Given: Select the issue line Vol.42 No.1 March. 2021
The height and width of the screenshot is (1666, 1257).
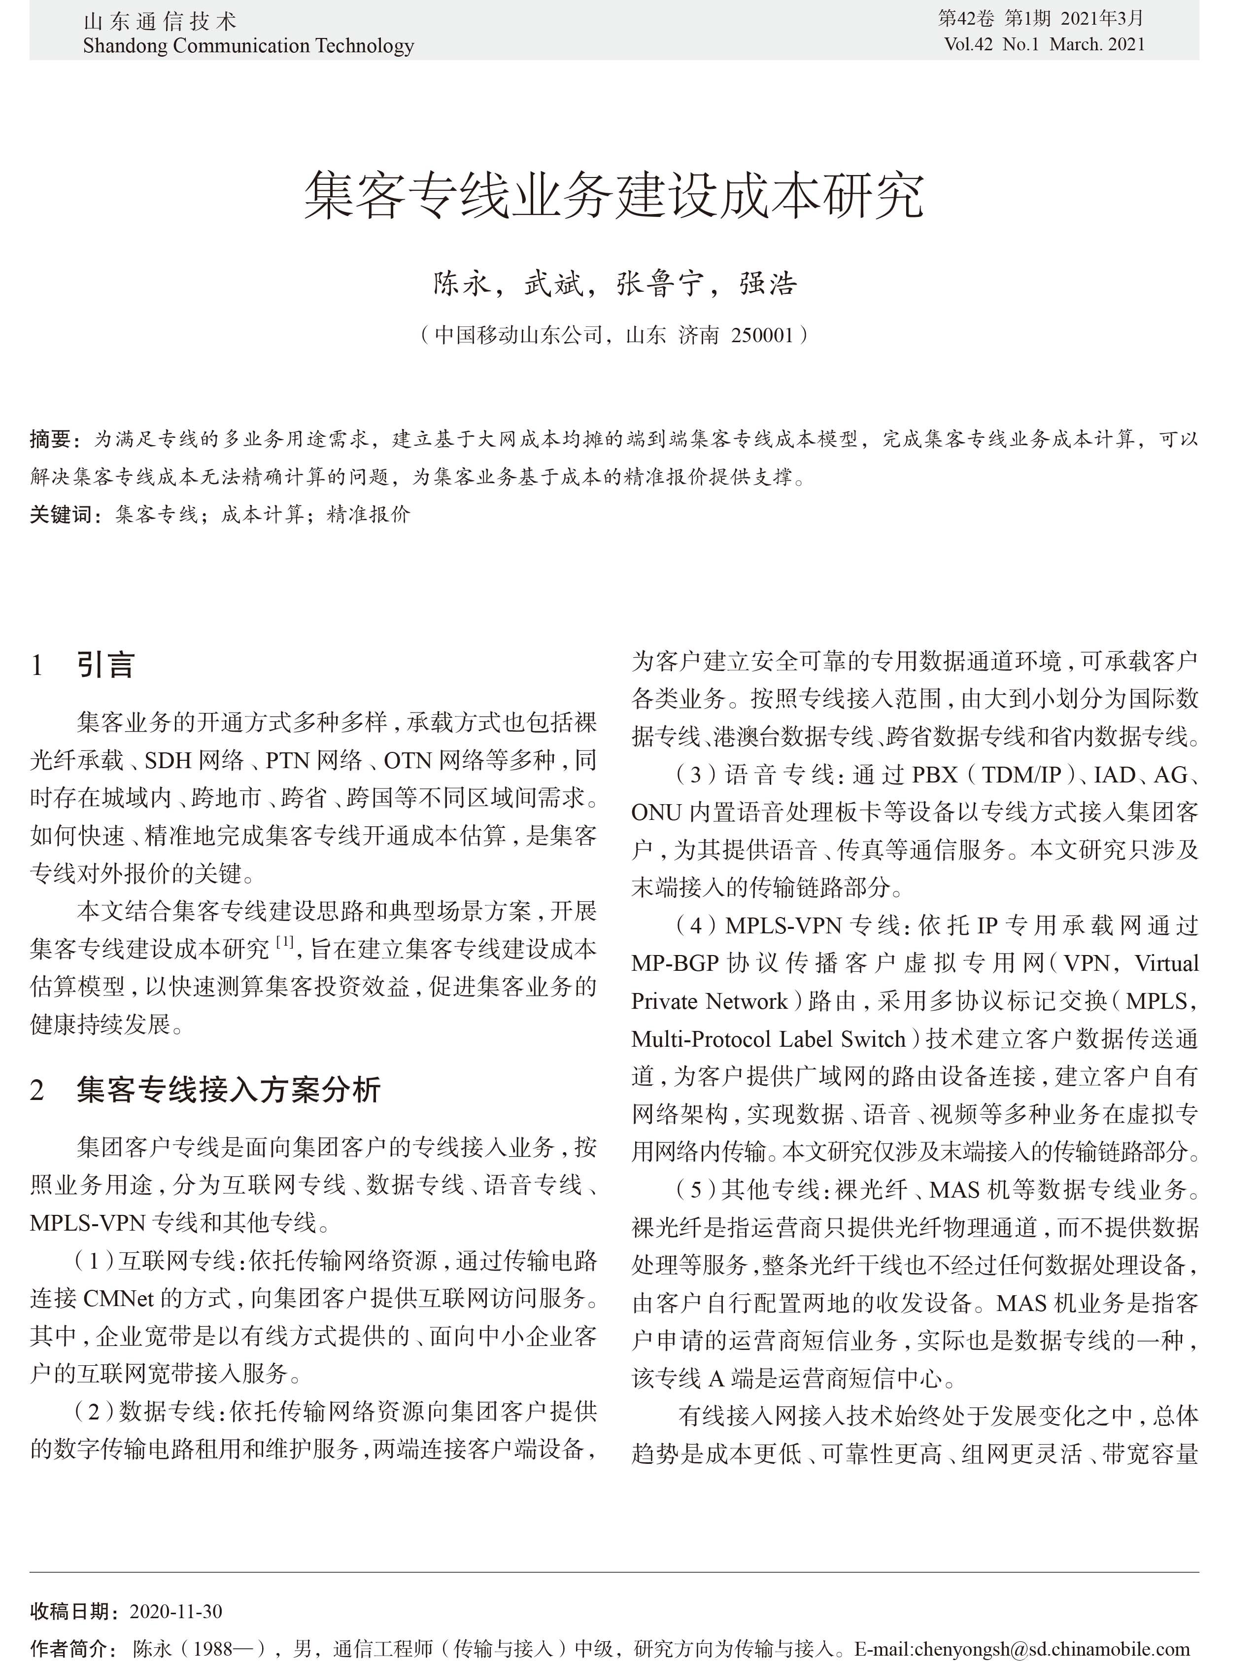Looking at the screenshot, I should [1044, 44].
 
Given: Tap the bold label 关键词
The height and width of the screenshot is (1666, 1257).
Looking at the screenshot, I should [60, 514].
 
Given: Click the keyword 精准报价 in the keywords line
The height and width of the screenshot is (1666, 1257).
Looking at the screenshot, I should [369, 514].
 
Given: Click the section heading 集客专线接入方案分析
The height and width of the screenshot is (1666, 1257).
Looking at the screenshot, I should [229, 1090].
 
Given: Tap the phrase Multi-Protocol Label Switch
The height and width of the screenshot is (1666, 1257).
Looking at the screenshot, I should [769, 1039].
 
